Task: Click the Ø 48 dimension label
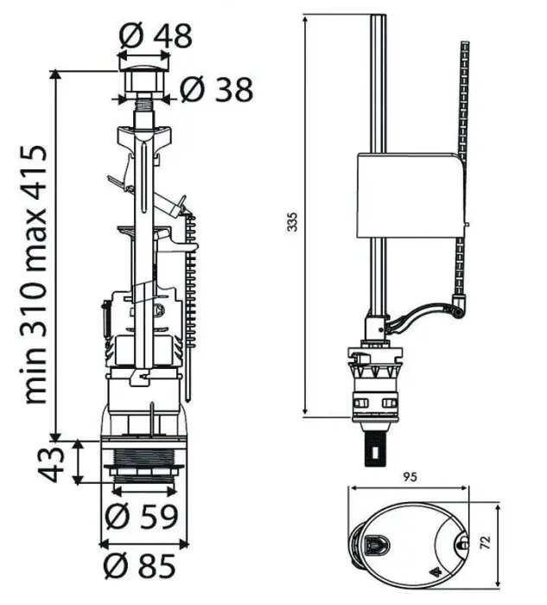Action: click(x=155, y=36)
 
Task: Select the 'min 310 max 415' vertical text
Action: click(x=34, y=275)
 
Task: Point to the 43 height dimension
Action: click(x=52, y=464)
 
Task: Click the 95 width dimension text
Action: click(x=410, y=476)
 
